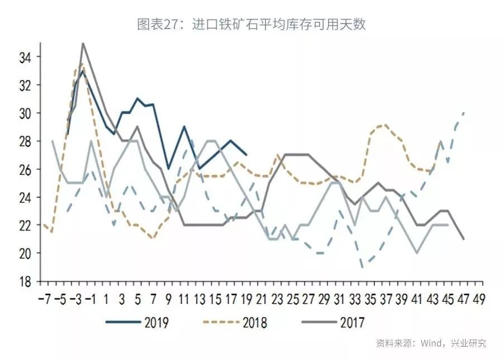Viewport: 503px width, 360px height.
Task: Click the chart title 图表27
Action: pyautogui.click(x=251, y=25)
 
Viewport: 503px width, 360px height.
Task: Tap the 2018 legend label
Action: pyautogui.click(x=254, y=323)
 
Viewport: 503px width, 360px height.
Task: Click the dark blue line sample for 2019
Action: pyautogui.click(x=122, y=323)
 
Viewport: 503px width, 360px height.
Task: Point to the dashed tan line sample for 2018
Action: pyautogui.click(x=221, y=323)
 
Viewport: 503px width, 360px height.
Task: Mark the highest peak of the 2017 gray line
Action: pyautogui.click(x=83, y=43)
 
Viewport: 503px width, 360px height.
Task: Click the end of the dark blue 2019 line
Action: pyautogui.click(x=246, y=155)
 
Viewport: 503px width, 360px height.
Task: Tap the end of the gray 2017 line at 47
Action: pyautogui.click(x=464, y=239)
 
